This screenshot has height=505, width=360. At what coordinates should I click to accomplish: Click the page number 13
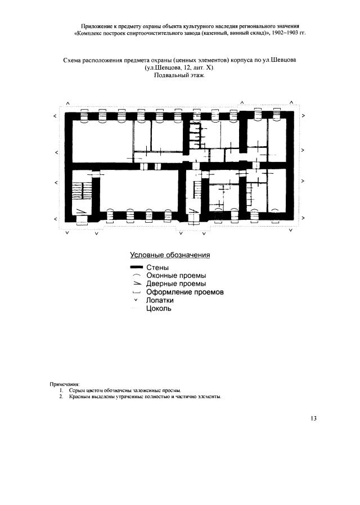[314, 418]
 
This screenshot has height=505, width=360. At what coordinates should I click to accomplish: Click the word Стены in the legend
[157, 268]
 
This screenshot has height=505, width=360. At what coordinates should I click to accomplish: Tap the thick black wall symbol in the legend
[136, 267]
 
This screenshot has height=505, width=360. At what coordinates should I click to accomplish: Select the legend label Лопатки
[160, 300]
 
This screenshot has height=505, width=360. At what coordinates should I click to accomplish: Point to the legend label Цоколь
[159, 309]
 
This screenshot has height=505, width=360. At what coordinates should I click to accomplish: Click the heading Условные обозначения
[170, 255]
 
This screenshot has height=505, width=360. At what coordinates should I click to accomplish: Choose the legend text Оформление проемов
[185, 292]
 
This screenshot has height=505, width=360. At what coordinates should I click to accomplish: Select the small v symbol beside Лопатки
[136, 300]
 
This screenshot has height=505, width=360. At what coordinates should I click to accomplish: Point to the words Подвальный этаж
[179, 75]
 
